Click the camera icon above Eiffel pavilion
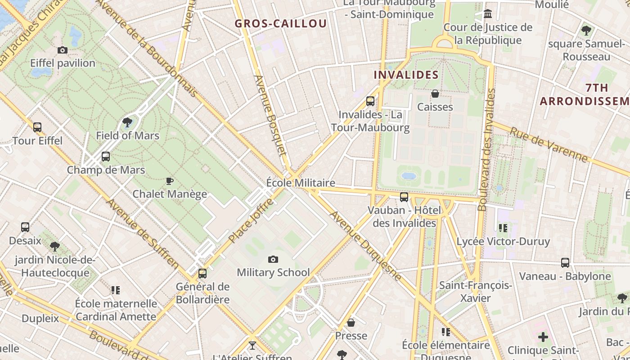click(x=63, y=50)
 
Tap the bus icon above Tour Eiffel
click(x=37, y=127)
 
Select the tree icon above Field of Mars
click(x=127, y=122)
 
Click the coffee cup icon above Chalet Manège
click(x=169, y=181)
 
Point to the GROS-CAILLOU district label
click(x=281, y=24)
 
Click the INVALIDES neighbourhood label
click(x=406, y=75)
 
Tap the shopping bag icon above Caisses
click(x=435, y=94)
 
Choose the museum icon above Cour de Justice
click(x=488, y=14)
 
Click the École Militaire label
click(x=301, y=183)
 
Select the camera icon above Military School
click(x=273, y=259)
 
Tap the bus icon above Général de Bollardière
click(x=202, y=273)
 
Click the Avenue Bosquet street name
click(x=270, y=115)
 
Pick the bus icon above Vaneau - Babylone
click(x=565, y=263)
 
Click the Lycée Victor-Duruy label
click(x=503, y=242)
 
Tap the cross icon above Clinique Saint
click(x=543, y=337)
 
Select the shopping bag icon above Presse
click(x=351, y=323)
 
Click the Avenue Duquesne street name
click(x=365, y=246)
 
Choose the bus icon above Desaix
click(x=25, y=227)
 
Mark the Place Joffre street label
click(x=251, y=221)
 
